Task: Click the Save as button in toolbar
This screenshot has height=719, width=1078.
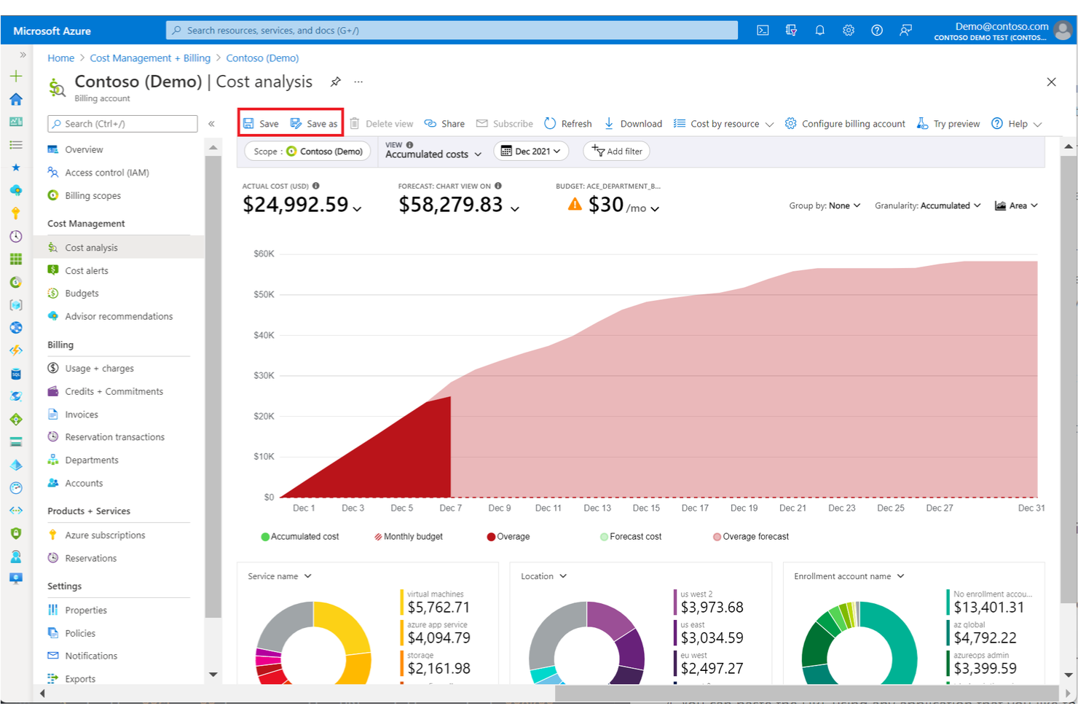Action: coord(314,124)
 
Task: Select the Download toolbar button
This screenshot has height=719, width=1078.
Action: coord(633,124)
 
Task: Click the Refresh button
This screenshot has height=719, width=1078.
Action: coord(568,124)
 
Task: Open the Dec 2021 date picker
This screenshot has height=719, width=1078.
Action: coord(532,152)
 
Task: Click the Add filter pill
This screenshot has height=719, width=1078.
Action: coord(617,152)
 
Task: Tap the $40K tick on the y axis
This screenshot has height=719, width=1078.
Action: coord(264,335)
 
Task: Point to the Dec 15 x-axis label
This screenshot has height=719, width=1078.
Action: coord(646,508)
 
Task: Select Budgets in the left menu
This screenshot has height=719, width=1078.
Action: coord(82,294)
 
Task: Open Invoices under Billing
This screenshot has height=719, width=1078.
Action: coord(82,414)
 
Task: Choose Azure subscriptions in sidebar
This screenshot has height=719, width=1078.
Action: coord(105,535)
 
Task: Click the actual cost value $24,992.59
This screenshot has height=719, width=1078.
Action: coord(296,205)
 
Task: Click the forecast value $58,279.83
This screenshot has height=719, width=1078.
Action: coord(451,205)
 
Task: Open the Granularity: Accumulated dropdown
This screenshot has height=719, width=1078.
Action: coord(927,206)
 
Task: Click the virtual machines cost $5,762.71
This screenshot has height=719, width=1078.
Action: coord(438,608)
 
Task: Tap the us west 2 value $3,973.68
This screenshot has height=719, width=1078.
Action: coord(712,608)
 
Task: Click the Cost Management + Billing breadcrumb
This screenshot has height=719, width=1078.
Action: coord(150,58)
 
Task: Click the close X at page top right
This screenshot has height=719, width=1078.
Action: coord(1051,82)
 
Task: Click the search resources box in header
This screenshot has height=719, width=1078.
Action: coord(452,31)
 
